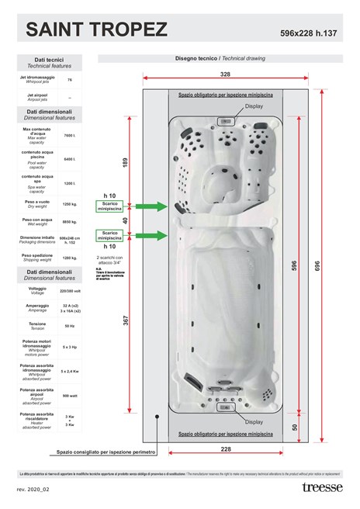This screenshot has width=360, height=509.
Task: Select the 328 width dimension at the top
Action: click(x=225, y=74)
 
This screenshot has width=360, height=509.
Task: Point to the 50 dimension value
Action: click(x=295, y=427)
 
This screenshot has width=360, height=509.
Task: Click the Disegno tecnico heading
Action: click(x=221, y=58)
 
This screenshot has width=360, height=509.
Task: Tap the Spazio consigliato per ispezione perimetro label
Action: click(x=106, y=452)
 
